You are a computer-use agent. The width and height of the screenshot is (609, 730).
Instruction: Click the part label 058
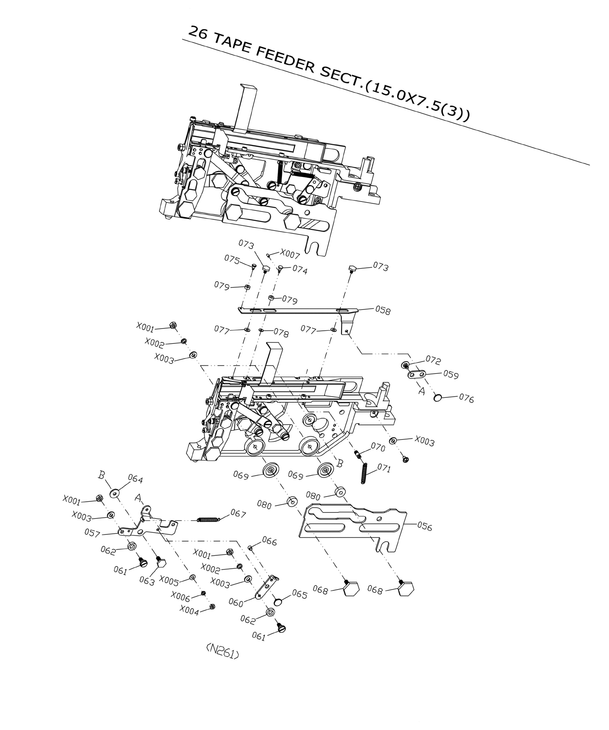(x=383, y=310)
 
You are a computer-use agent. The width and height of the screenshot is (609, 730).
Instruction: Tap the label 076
(x=466, y=399)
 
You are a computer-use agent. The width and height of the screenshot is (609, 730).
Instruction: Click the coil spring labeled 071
(x=364, y=473)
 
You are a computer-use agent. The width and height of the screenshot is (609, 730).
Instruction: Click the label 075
(x=232, y=260)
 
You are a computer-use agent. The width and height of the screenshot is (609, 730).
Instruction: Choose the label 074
(x=299, y=270)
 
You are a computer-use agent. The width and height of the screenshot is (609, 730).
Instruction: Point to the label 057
(x=92, y=534)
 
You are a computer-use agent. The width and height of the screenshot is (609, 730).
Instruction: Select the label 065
(x=299, y=595)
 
